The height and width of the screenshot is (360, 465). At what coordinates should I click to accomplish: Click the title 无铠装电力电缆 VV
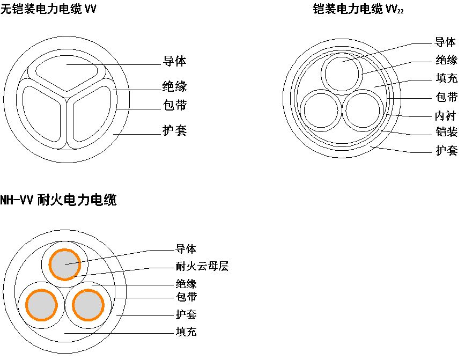[48, 9]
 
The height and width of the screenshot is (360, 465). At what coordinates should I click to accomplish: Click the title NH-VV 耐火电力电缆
[58, 201]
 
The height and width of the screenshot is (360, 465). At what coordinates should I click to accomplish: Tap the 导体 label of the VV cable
[174, 61]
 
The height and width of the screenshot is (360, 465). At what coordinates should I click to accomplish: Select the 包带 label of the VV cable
[174, 105]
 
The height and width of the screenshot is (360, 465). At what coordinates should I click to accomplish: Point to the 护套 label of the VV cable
[174, 130]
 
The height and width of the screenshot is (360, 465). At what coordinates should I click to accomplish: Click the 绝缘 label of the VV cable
[174, 85]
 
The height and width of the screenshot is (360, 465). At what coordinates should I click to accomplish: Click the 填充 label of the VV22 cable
[446, 78]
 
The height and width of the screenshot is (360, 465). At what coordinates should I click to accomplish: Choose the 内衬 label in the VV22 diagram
[446, 115]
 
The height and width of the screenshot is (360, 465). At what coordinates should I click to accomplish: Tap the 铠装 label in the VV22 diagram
[446, 132]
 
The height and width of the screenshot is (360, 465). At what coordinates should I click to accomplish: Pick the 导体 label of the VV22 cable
[446, 42]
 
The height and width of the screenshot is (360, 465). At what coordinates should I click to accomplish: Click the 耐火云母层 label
[202, 266]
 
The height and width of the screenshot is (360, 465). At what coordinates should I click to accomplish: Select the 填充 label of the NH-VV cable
[186, 332]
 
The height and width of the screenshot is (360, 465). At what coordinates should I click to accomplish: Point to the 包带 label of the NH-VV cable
[186, 297]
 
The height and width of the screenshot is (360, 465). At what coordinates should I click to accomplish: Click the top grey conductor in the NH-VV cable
[65, 264]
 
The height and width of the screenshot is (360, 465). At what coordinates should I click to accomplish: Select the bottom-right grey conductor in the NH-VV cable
[87, 305]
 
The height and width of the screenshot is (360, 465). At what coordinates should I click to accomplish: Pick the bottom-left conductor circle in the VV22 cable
[320, 109]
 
